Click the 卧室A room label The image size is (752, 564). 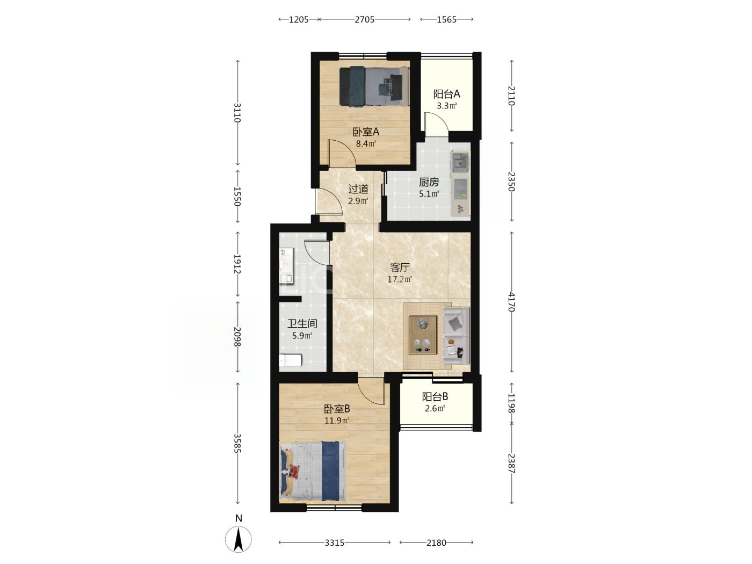pyautogui.click(x=366, y=132)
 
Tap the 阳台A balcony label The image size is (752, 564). pyautogui.click(x=446, y=94)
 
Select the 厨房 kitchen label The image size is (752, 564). pyautogui.click(x=429, y=182)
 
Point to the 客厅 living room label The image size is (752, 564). pyautogui.click(x=400, y=267)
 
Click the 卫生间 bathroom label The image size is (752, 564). pyautogui.click(x=302, y=323)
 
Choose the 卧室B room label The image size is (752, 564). pyautogui.click(x=337, y=409)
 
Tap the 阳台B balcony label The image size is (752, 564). pyautogui.click(x=435, y=396)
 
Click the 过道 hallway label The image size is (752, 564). pyautogui.click(x=358, y=189)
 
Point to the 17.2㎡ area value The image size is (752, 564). pyautogui.click(x=400, y=279)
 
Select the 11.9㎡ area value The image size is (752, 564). pyautogui.click(x=337, y=420)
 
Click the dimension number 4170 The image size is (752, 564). pyautogui.click(x=511, y=302)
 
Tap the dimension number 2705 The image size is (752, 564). pyautogui.click(x=364, y=19)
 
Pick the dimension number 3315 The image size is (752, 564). pyautogui.click(x=335, y=543)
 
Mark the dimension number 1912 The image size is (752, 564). pyautogui.click(x=237, y=264)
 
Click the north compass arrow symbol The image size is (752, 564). pyautogui.click(x=238, y=540)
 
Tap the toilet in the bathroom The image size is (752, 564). pyautogui.click(x=290, y=360)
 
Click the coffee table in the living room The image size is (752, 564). pyautogui.click(x=423, y=335)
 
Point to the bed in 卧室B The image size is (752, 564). pyautogui.click(x=313, y=472)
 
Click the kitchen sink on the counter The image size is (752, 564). pyautogui.click(x=460, y=163)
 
